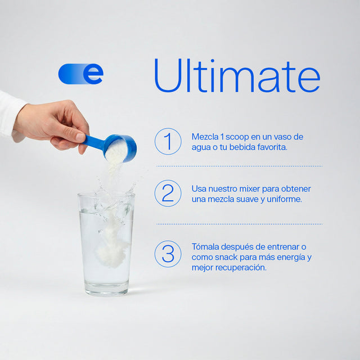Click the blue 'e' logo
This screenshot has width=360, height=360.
click(x=81, y=74)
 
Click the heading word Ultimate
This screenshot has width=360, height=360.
click(x=237, y=75)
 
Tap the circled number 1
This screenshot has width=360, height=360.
click(x=168, y=141)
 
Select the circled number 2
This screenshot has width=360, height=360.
click(x=168, y=193)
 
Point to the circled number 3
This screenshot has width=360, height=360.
click(x=168, y=254)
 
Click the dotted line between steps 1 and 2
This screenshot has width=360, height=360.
click(x=240, y=166)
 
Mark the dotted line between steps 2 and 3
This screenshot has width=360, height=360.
click(x=240, y=224)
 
